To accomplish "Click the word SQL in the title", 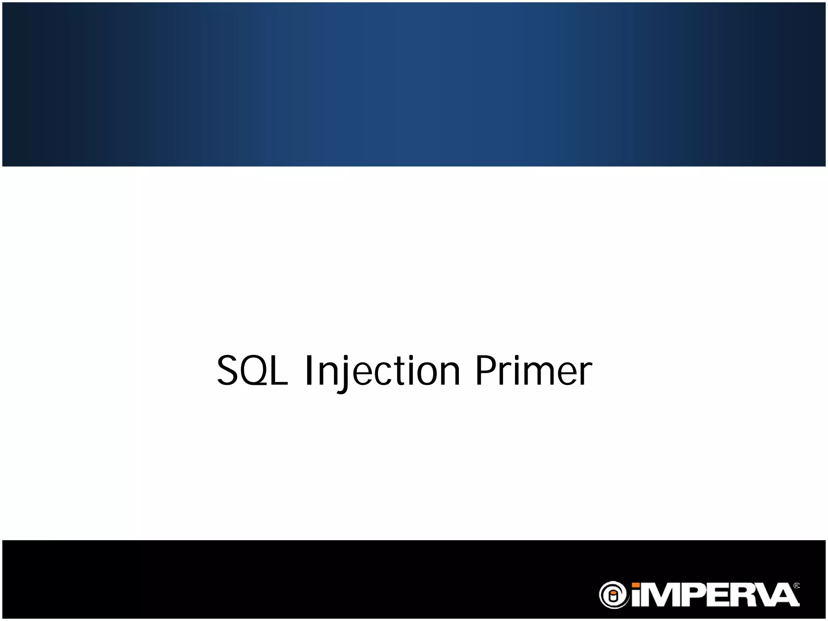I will click(x=252, y=371).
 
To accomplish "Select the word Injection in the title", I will click(x=382, y=371).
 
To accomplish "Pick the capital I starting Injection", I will click(x=309, y=371).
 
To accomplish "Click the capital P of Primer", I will click(x=487, y=371).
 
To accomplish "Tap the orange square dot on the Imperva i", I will click(x=636, y=585).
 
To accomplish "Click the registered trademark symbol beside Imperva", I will click(x=796, y=586).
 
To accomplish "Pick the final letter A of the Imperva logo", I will click(x=785, y=596).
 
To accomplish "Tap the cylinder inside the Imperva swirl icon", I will click(x=613, y=596).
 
